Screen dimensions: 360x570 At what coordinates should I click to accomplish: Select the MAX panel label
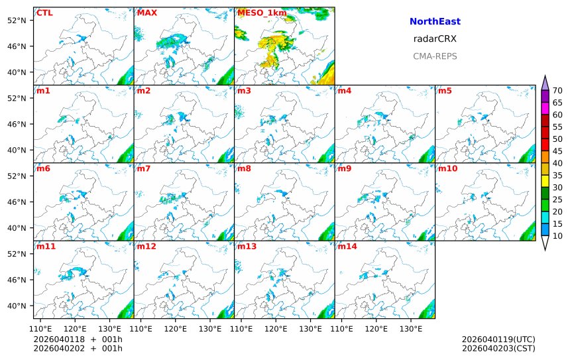[146, 13]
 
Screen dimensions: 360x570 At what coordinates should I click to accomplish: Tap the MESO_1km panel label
[258, 13]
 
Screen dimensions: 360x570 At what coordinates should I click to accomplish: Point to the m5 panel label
[445, 91]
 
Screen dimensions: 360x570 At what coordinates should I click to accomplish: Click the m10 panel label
[447, 168]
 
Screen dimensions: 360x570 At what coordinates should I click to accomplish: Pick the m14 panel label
[347, 247]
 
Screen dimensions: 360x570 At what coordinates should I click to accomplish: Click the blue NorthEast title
[435, 22]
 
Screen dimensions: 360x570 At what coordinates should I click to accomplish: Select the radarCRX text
[435, 39]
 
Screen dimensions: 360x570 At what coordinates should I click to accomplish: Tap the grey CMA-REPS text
[435, 56]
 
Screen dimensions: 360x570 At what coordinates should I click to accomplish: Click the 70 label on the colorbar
[557, 91]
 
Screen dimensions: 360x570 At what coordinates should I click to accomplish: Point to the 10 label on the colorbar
[557, 236]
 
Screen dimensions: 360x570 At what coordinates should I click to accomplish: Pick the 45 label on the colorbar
[557, 151]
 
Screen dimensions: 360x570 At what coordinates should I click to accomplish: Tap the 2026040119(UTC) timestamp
[498, 339]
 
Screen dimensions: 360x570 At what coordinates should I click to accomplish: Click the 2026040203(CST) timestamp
[498, 348]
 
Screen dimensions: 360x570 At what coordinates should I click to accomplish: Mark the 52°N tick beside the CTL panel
[15, 20]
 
